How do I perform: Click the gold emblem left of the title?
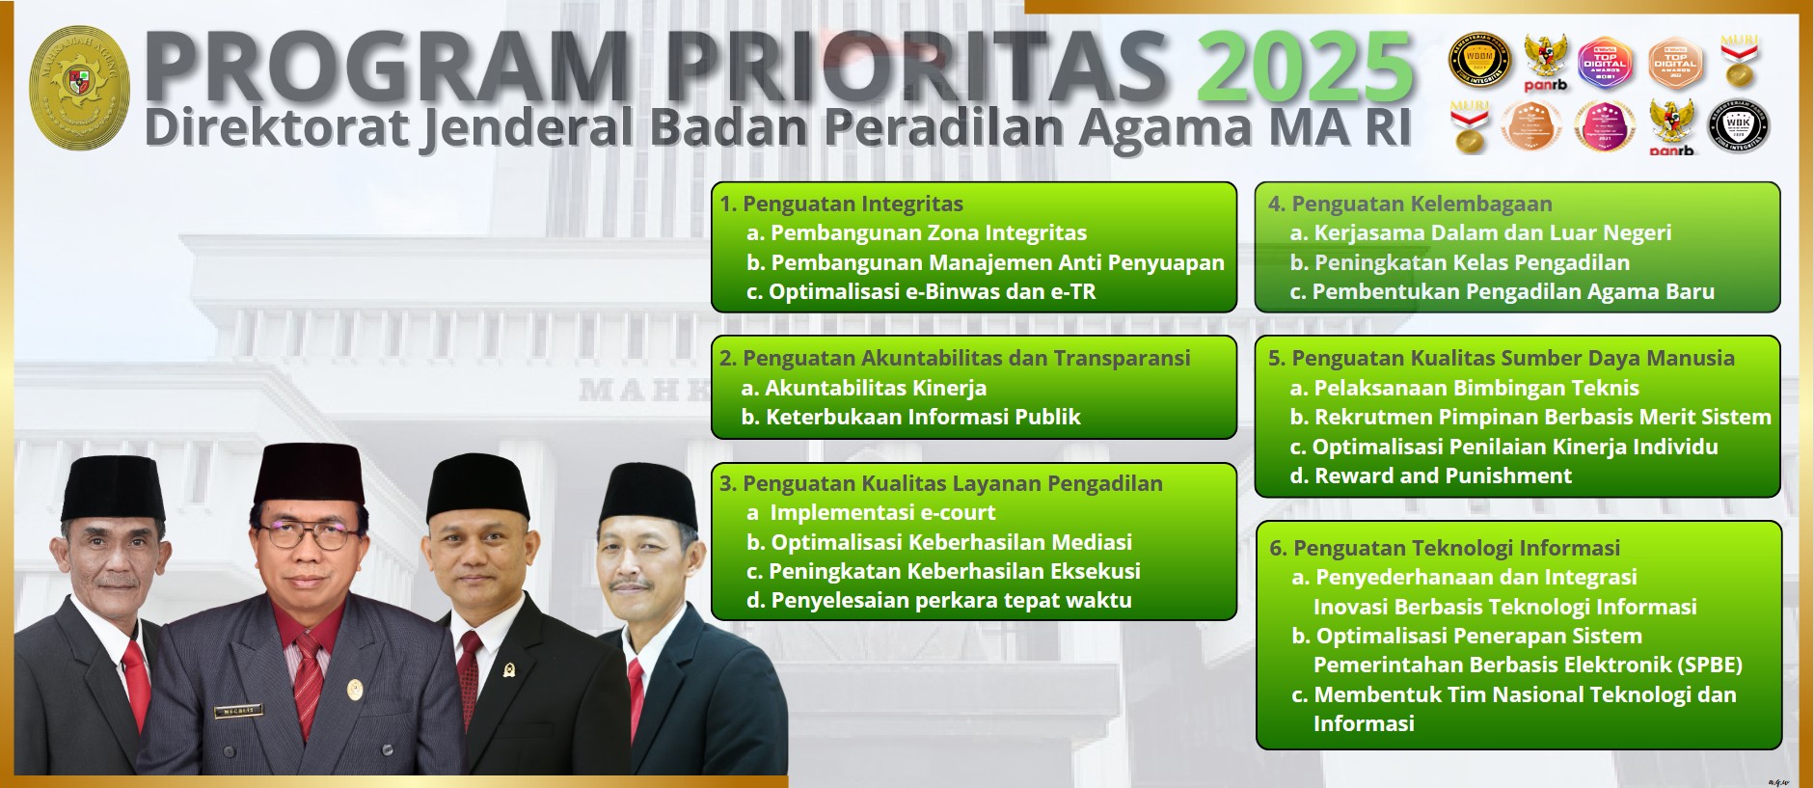pyautogui.click(x=79, y=87)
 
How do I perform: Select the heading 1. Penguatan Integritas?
pyautogui.click(x=841, y=204)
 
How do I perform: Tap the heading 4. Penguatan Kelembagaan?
pyautogui.click(x=1410, y=204)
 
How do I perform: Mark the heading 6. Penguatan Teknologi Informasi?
pyautogui.click(x=1445, y=548)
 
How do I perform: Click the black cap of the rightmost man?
pyautogui.click(x=648, y=496)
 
